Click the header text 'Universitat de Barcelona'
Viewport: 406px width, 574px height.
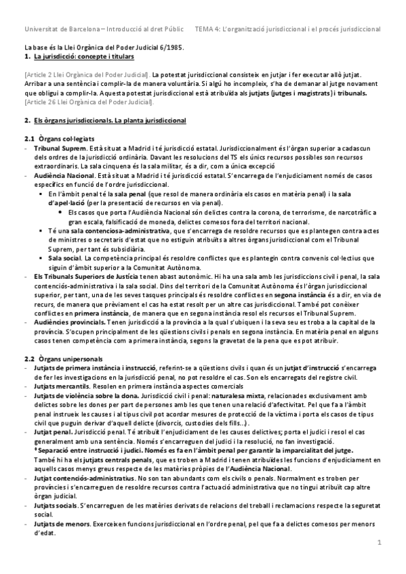(x=61, y=29)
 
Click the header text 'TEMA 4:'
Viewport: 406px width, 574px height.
(x=207, y=29)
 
